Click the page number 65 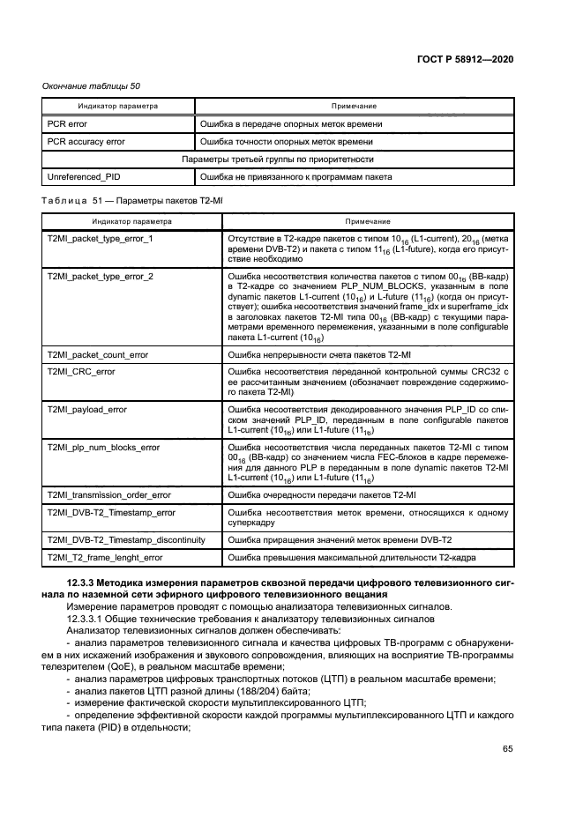click(x=507, y=749)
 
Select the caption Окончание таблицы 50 click(x=92, y=85)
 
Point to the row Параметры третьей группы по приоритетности click(x=277, y=160)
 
